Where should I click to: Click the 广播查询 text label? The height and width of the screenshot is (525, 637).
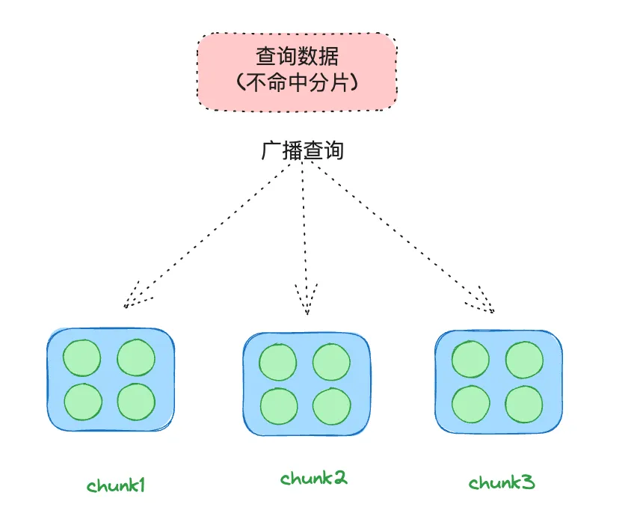[302, 150]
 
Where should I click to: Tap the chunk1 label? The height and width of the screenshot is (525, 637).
[116, 485]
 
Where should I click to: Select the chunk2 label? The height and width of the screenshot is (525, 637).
[314, 478]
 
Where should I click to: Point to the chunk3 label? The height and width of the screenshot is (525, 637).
[502, 482]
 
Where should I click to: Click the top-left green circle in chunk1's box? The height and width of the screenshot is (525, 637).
[81, 357]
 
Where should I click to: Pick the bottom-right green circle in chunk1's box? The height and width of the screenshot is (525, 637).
[136, 402]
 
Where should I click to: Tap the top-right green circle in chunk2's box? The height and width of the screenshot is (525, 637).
[331, 362]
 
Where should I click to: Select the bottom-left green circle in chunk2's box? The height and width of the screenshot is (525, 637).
[278, 405]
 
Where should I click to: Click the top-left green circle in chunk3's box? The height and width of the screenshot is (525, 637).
[470, 360]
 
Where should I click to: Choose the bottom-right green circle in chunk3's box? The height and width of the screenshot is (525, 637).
[524, 405]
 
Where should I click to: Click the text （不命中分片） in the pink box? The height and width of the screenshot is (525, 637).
[297, 83]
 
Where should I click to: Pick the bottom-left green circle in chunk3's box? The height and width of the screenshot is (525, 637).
[470, 405]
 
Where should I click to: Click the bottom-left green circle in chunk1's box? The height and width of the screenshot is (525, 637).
[81, 402]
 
